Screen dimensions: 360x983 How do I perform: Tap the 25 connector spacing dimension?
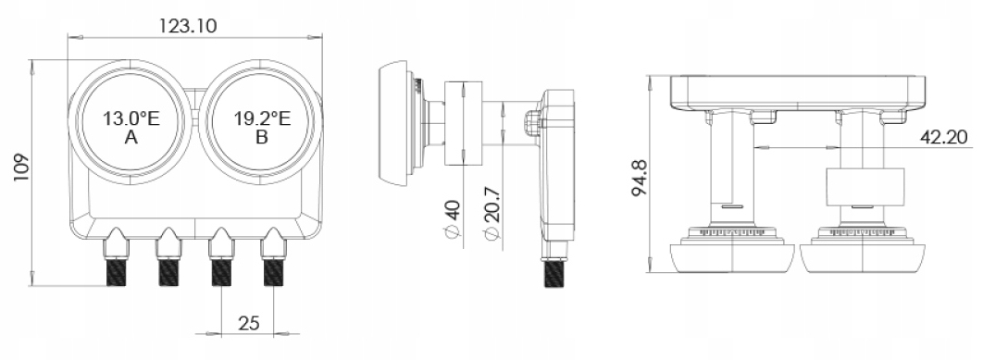click(x=248, y=322)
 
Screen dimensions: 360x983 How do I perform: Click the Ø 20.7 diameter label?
click(x=492, y=222)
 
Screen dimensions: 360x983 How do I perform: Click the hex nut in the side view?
click(x=532, y=123)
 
